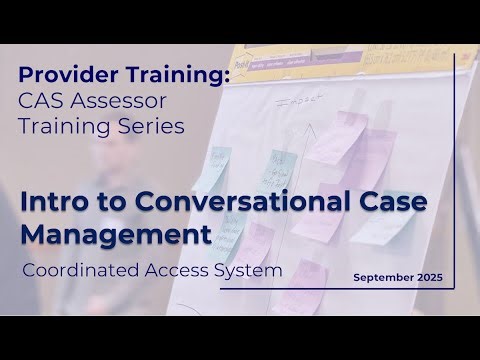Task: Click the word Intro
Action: pos(50,201)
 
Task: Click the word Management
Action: pos(116,236)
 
